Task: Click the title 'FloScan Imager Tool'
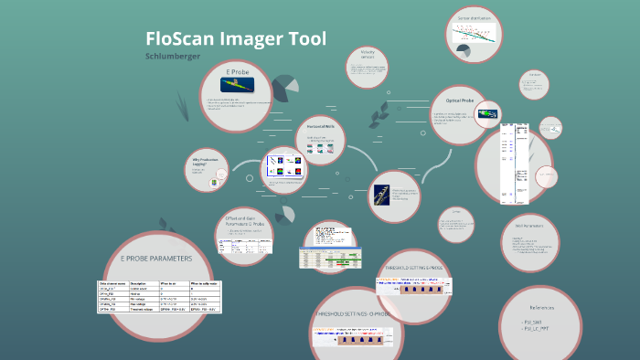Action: (x=235, y=38)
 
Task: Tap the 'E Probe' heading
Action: (x=238, y=71)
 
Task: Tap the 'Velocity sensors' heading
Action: (x=368, y=56)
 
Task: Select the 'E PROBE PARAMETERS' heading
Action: (x=157, y=259)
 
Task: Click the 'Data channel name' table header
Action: (x=112, y=284)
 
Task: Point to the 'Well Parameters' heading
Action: (x=530, y=225)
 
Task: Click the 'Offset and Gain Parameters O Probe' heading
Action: (x=243, y=221)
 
